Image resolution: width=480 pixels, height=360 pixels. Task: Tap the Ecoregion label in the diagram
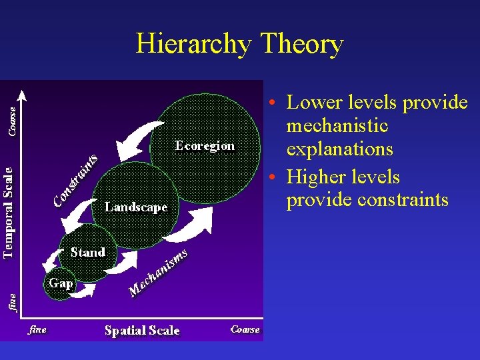tap(204, 146)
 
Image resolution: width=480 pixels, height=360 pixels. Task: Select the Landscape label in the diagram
tap(136, 207)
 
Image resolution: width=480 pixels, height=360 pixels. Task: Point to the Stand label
tap(87, 253)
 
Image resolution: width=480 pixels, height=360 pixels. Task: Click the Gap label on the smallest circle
tap(61, 283)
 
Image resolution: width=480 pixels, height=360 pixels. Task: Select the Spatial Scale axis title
tap(142, 330)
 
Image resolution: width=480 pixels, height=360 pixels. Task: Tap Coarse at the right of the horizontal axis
tap(245, 329)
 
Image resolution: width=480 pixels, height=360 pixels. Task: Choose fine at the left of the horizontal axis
tap(37, 329)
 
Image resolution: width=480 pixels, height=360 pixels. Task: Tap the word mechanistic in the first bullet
tap(337, 126)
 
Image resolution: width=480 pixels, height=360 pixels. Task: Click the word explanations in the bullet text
tap(339, 149)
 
